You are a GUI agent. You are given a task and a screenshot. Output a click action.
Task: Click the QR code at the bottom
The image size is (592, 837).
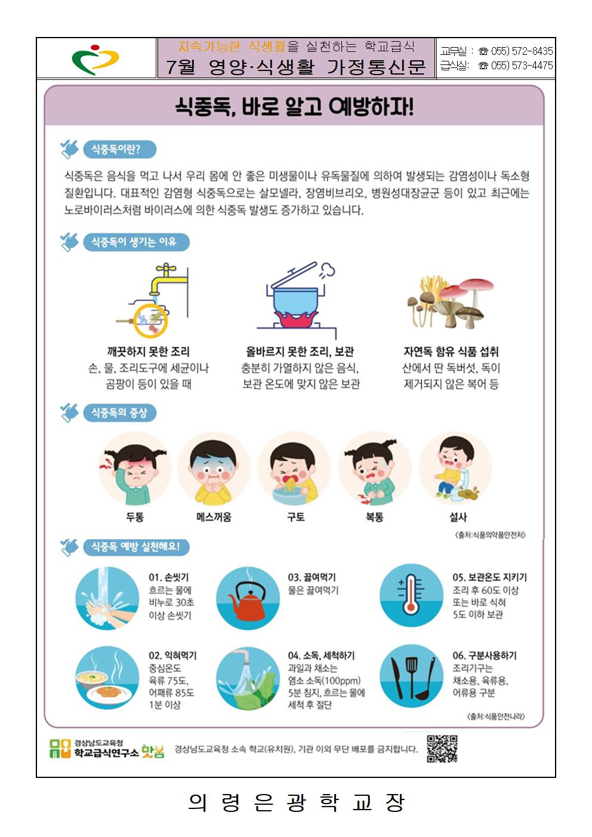[442, 749]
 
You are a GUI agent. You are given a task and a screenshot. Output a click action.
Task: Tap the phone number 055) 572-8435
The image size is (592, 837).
[522, 51]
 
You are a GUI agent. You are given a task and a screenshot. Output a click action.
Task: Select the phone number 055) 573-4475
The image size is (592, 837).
[522, 66]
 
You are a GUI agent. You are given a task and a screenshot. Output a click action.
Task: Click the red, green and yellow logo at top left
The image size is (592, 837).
[95, 60]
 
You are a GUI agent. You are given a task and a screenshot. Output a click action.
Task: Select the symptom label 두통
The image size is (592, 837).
[135, 517]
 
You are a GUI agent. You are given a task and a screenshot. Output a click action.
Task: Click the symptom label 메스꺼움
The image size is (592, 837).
[214, 517]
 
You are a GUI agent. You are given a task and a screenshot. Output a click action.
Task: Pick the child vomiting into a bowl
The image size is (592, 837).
[294, 469]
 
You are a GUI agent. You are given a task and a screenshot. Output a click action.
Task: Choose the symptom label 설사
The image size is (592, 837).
[458, 517]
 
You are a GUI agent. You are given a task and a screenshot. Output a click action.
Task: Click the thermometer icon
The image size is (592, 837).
[412, 595]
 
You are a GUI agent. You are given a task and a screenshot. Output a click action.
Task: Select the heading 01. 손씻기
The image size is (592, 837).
[168, 577]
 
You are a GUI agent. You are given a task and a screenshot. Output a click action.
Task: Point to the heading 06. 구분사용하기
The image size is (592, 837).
[485, 656]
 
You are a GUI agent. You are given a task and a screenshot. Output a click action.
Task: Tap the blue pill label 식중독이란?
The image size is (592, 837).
[119, 150]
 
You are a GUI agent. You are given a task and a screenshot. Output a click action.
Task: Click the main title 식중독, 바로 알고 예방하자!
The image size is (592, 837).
[294, 107]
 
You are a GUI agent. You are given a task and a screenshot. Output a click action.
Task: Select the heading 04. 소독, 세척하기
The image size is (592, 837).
[321, 656]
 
